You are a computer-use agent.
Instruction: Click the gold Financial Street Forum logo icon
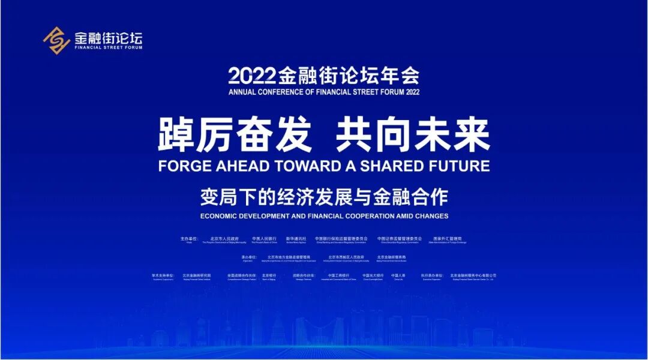56,40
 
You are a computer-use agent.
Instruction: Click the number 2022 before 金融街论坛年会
251,76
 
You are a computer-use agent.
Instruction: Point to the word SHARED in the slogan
385,166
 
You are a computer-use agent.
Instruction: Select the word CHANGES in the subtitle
430,216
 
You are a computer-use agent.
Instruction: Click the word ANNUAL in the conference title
242,92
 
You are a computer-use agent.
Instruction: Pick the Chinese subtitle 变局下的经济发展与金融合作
324,196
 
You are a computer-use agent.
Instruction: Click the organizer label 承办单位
248,257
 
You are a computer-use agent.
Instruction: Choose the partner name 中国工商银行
339,275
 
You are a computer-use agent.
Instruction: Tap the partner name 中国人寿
398,275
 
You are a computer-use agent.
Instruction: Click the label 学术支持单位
163,275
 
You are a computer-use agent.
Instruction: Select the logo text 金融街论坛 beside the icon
108,37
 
